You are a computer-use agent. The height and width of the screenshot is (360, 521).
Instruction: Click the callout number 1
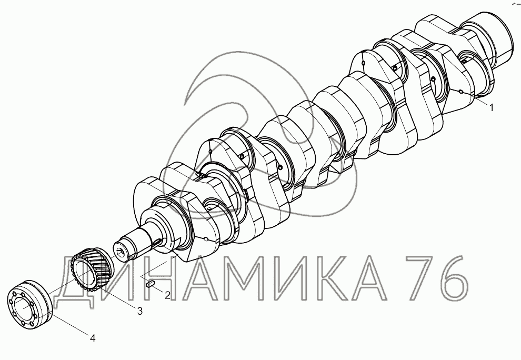492,107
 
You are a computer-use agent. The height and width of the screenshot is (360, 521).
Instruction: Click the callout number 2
167,295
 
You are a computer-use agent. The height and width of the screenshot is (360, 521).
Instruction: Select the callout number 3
140,311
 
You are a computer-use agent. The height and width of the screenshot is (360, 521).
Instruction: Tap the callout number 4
93,338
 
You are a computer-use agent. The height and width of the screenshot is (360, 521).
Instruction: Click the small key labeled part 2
150,284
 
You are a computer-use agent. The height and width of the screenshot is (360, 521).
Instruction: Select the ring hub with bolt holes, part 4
29,305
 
